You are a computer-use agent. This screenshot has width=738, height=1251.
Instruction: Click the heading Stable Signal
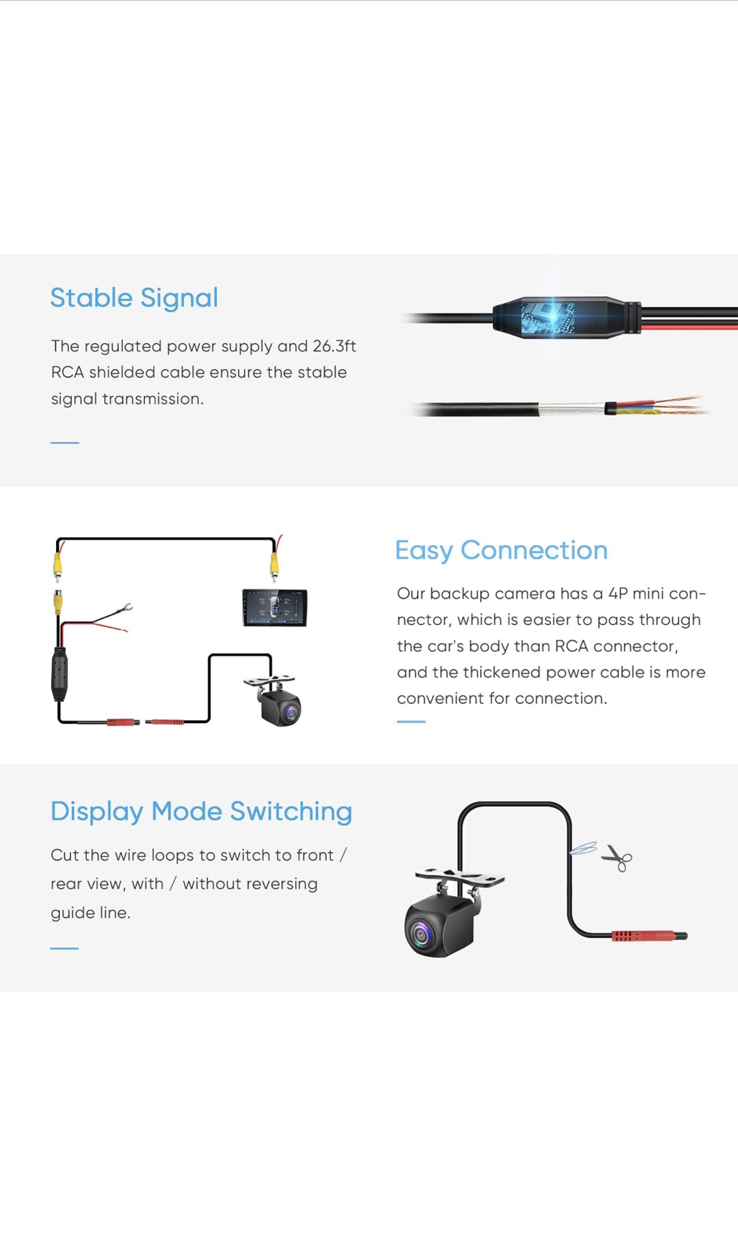click(x=134, y=298)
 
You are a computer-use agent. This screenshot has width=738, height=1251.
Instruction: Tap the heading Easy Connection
click(x=501, y=550)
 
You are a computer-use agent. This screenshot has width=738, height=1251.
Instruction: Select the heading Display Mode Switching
click(x=201, y=812)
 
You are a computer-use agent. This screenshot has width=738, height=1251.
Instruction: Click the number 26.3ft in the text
click(x=334, y=346)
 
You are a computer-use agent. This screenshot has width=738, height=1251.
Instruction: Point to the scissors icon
click(x=617, y=858)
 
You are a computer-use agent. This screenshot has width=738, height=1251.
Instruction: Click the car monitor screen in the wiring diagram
click(x=275, y=607)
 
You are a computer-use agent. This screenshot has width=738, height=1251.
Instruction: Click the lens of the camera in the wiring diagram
click(x=290, y=713)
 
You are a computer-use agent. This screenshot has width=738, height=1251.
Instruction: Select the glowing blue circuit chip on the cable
click(x=548, y=317)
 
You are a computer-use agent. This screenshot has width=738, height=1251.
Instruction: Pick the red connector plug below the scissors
click(x=649, y=936)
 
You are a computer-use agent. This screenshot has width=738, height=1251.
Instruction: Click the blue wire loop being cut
click(x=583, y=848)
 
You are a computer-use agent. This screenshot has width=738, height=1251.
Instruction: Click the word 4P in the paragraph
click(x=618, y=594)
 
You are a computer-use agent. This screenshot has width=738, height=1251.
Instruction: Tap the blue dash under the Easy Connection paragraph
click(x=411, y=721)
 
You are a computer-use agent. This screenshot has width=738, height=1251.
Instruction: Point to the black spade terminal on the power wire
click(x=122, y=609)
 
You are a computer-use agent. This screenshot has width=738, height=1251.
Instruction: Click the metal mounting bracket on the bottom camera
click(x=460, y=877)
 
